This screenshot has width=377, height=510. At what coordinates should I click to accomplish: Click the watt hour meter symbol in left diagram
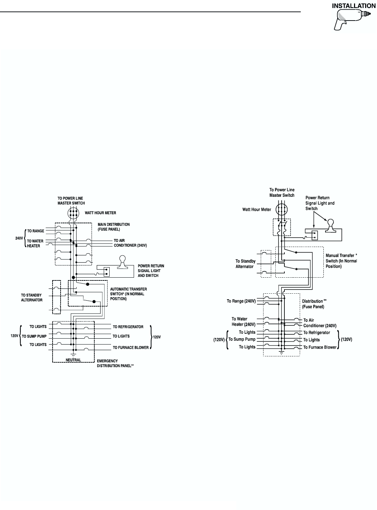tap(73, 213)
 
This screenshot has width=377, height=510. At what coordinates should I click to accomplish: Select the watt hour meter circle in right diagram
tap(281, 209)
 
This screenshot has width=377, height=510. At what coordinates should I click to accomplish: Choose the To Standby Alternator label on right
tap(245, 264)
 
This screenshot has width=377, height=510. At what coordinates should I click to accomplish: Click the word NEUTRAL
tap(73, 360)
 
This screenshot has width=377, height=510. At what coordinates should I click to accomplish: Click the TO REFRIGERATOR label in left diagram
tap(128, 327)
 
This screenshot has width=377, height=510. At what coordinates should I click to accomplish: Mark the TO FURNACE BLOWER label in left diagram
tap(131, 347)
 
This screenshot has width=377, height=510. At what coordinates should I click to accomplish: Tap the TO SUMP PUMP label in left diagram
tap(34, 336)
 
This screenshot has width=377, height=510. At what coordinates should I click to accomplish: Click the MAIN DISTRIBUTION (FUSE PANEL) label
tap(113, 227)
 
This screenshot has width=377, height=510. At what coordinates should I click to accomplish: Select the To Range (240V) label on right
tap(241, 301)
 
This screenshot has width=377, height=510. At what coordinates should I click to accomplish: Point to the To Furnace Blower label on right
tap(320, 347)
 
